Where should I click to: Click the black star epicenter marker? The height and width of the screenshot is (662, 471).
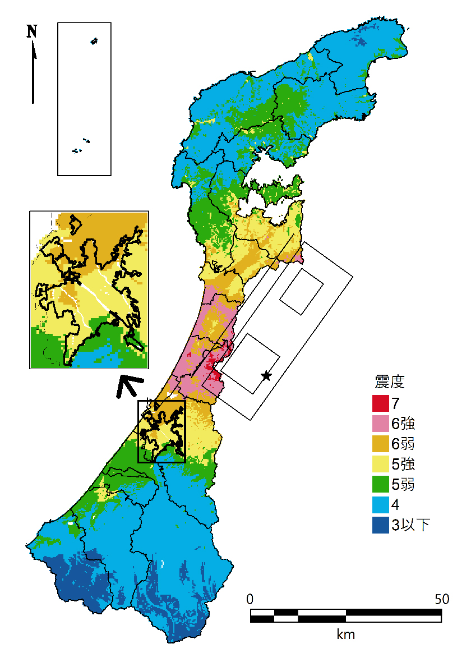tap(266, 375)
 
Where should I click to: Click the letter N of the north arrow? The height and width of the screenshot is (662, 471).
tap(32, 31)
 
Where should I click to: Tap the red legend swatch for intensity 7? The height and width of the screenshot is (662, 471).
tap(380, 403)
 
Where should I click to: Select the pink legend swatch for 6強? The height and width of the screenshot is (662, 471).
tap(380, 423)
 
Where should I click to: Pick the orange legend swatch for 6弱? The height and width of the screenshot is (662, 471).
tap(380, 444)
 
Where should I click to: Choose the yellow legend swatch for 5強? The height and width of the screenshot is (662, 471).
tap(380, 464)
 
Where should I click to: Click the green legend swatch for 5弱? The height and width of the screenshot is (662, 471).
tap(380, 484)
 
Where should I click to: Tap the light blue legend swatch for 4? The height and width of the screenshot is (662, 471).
tap(380, 505)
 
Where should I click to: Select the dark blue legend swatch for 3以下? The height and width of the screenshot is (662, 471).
tap(380, 525)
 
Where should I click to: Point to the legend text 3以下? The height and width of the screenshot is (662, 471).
tap(411, 525)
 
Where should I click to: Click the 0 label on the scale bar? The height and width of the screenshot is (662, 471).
tap(251, 599)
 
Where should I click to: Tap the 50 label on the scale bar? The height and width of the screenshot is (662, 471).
tap(441, 599)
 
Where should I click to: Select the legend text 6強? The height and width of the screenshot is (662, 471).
tap(403, 423)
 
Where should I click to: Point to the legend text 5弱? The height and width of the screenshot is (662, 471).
tap(403, 484)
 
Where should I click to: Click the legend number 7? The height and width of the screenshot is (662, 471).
tap(396, 403)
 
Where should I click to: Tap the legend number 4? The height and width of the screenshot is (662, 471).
tap(396, 505)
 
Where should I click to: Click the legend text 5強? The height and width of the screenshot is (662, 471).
tap(403, 464)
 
